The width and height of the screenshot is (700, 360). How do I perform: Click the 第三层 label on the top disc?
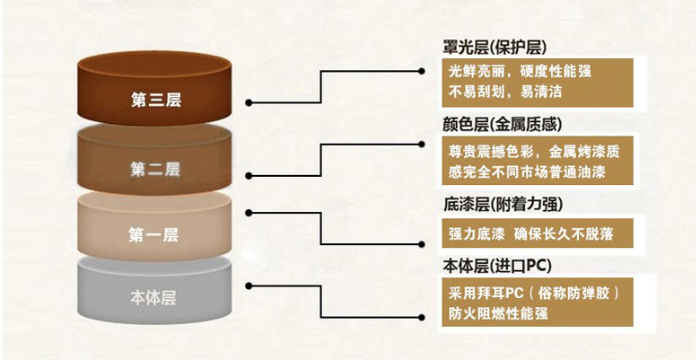156,100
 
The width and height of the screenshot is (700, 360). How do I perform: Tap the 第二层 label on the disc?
155,170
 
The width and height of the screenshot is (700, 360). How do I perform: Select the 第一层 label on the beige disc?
154,235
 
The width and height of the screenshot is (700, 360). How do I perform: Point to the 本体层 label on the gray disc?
153,297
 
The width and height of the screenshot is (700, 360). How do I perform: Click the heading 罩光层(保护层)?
494,48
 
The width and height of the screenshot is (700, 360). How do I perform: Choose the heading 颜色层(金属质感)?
503,125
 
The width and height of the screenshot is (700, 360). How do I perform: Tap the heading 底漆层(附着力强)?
503,205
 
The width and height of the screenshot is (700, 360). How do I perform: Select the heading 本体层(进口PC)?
497,267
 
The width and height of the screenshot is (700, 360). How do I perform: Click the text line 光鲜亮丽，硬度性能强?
521,72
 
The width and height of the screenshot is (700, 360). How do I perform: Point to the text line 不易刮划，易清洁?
505,92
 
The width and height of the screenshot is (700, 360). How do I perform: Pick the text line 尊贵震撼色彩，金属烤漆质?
534,152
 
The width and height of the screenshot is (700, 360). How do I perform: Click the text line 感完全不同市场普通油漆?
527,172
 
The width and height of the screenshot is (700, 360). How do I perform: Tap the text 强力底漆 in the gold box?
477,233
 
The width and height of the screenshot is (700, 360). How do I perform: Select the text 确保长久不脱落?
564,233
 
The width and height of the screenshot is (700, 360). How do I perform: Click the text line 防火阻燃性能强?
498,313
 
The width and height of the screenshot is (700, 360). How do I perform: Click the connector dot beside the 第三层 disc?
249,102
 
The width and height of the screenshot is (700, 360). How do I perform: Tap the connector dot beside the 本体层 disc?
249,285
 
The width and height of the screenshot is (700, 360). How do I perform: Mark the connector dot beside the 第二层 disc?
249,176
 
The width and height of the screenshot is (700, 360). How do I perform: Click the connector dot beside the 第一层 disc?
249,213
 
